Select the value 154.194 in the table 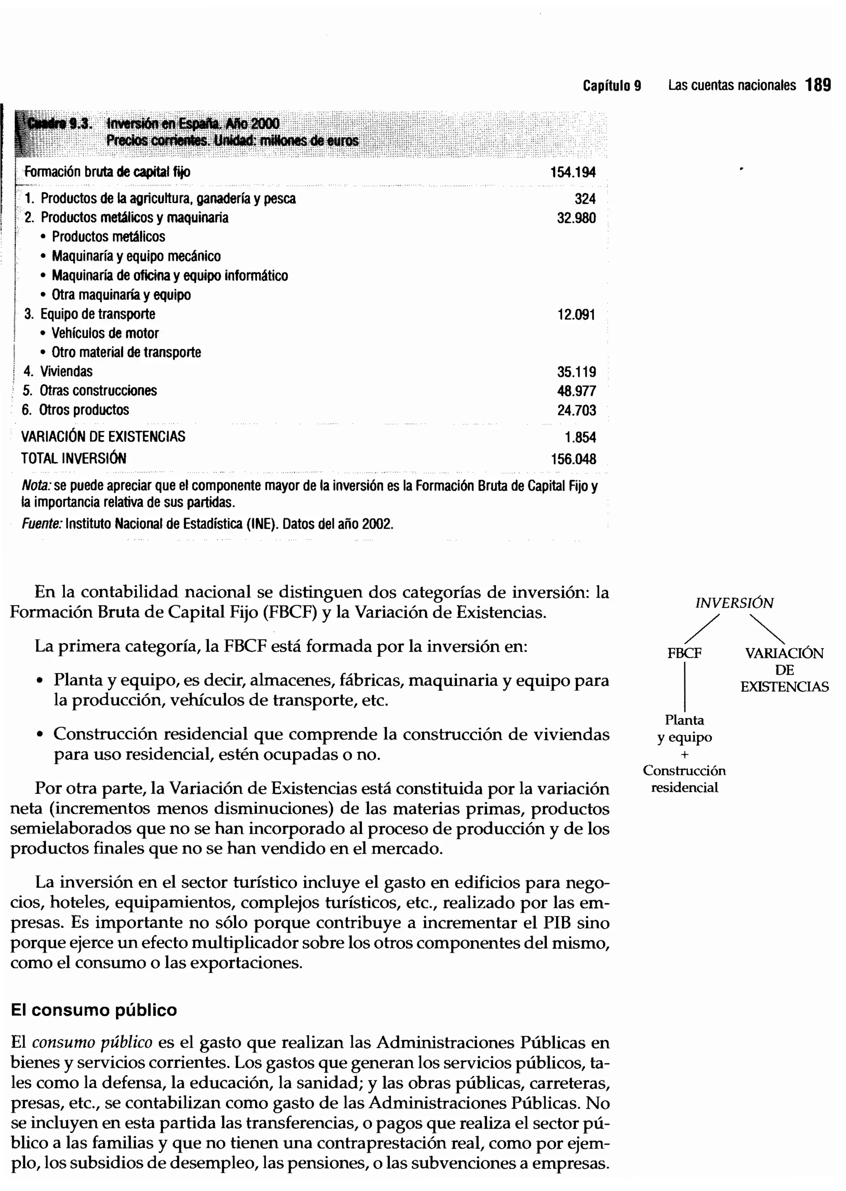point(573,172)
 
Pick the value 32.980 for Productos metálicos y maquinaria point(576,218)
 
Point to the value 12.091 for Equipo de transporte point(576,315)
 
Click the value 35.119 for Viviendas point(576,372)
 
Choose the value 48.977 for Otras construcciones point(576,391)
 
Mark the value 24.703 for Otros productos point(576,411)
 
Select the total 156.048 point(573,459)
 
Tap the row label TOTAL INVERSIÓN point(74,459)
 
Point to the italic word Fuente point(42,523)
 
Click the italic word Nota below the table point(36,486)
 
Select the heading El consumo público point(94,1010)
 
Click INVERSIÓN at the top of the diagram point(734,603)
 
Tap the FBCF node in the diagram point(684,653)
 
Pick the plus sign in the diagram point(684,754)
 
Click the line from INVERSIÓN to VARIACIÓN point(767,629)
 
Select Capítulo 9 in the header point(612,86)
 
